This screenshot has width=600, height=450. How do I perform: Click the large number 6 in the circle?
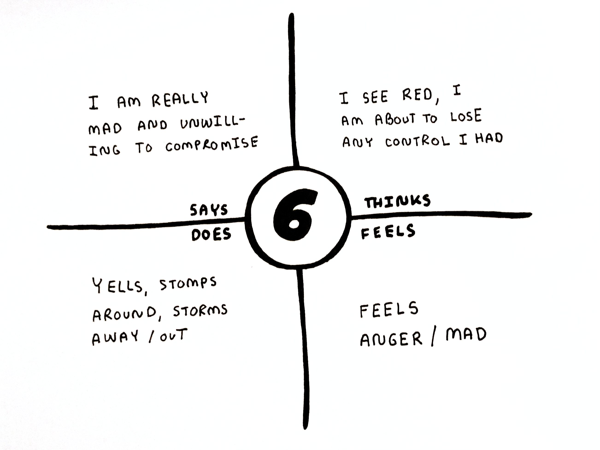(x=295, y=215)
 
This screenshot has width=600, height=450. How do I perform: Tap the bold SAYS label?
(x=209, y=210)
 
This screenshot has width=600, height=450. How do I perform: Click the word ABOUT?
(x=395, y=119)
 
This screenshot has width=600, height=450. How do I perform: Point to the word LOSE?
(x=466, y=117)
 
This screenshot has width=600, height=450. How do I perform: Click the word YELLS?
(x=118, y=286)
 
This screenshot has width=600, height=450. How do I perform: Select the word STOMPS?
(x=188, y=283)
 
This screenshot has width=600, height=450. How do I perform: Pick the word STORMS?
(x=200, y=311)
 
